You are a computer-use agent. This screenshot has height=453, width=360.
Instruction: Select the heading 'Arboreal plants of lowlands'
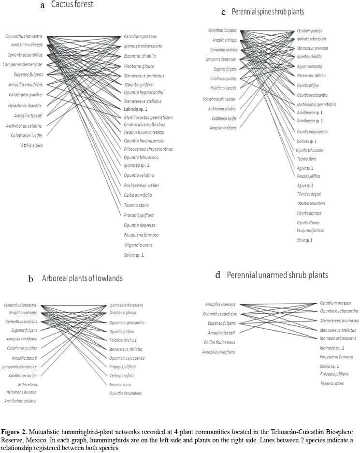[82, 278]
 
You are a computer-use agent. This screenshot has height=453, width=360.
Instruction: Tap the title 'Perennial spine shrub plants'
[268, 11]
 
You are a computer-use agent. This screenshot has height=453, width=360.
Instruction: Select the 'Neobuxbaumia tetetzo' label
[144, 132]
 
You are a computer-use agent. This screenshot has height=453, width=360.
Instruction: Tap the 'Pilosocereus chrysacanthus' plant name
[148, 149]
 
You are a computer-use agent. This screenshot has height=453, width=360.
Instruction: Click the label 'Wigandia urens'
[138, 245]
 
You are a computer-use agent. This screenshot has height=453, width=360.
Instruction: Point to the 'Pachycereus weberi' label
[141, 185]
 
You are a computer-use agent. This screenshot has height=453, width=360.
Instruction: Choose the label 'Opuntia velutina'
[139, 175]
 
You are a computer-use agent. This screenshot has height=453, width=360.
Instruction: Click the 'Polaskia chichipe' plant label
[123, 340]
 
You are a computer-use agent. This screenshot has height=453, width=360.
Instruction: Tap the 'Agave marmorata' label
[309, 66]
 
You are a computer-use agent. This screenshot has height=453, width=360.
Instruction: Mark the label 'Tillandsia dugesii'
[309, 194]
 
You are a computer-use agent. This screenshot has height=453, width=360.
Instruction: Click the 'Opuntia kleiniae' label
[308, 222]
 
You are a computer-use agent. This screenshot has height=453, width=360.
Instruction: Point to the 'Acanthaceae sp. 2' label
[310, 120]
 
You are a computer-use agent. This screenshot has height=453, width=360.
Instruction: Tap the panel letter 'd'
[217, 275]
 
